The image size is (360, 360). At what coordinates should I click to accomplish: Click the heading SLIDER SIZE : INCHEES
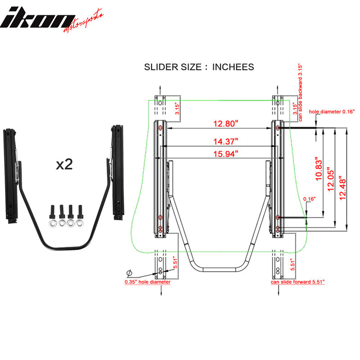coord(199,67)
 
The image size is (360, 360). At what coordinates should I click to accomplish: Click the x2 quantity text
coord(64,164)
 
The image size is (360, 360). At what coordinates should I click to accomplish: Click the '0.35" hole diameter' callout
coord(148,282)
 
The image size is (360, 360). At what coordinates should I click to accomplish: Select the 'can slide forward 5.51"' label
coord(297,282)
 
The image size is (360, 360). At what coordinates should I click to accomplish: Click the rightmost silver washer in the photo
coord(81,222)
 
